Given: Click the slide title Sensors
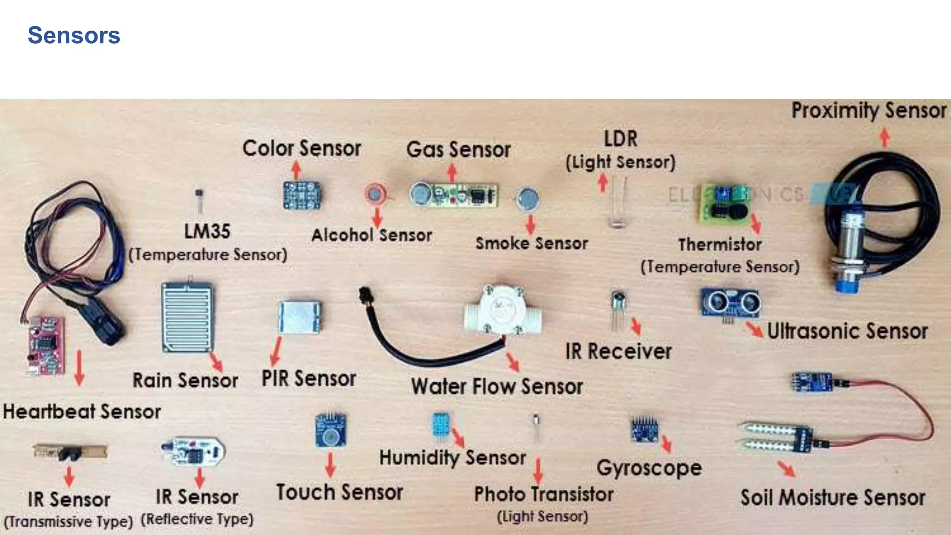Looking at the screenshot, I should pyautogui.click(x=74, y=35).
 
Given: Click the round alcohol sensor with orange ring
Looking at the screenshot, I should pyautogui.click(x=375, y=194).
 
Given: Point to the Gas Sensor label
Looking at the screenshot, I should pyautogui.click(x=458, y=150).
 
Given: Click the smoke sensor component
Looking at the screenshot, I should pyautogui.click(x=528, y=199).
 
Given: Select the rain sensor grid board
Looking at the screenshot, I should pyautogui.click(x=188, y=317).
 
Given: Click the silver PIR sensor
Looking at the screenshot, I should pyautogui.click(x=300, y=317).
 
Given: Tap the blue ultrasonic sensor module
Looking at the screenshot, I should pyautogui.click(x=730, y=303).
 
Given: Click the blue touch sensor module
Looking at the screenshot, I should pyautogui.click(x=330, y=431).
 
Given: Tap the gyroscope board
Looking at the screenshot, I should pyautogui.click(x=645, y=430).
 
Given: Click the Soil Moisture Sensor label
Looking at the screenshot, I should pyautogui.click(x=833, y=497).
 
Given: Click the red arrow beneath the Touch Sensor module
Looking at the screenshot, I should pyautogui.click(x=330, y=464).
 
